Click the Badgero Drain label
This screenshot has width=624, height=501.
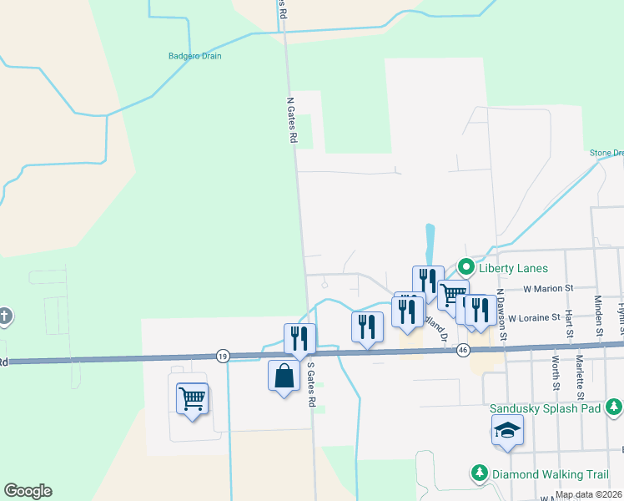[194, 57]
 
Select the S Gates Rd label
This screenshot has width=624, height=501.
[311, 385]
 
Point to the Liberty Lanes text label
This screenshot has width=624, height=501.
[513, 268]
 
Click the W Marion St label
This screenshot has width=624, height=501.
[549, 288]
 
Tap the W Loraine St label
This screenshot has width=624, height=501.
[534, 318]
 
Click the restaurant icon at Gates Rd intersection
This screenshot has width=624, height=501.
[299, 338]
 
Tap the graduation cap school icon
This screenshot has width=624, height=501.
[507, 431]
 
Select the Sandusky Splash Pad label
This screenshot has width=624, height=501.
[546, 407]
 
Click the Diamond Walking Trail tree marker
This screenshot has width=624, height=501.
[480, 473]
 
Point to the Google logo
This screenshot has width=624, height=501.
[28, 491]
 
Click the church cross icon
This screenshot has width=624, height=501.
[4, 316]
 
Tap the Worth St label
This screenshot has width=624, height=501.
[555, 373]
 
